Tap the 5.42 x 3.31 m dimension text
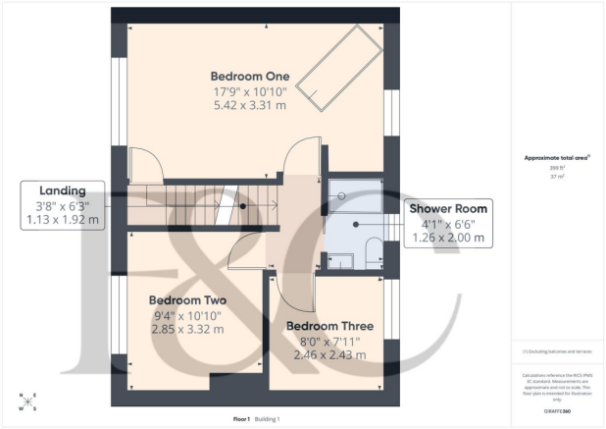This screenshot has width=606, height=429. point(250,105)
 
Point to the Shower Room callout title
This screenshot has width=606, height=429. point(448,208)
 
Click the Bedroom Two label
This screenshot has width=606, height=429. point(187,300)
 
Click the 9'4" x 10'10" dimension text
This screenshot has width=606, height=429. point(187,315)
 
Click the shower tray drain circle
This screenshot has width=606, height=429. point(343,194)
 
